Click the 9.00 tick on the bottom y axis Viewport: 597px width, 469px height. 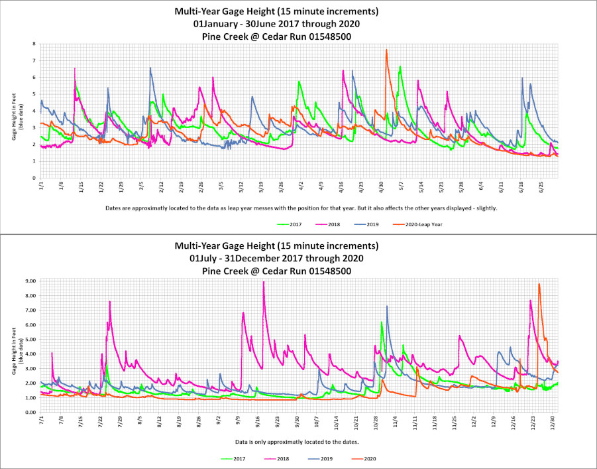30,281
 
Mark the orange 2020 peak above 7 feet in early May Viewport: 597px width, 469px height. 386,50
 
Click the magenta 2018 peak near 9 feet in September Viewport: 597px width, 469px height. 264,282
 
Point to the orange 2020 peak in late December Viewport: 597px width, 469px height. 539,285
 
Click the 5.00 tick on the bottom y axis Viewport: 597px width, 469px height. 30,340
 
